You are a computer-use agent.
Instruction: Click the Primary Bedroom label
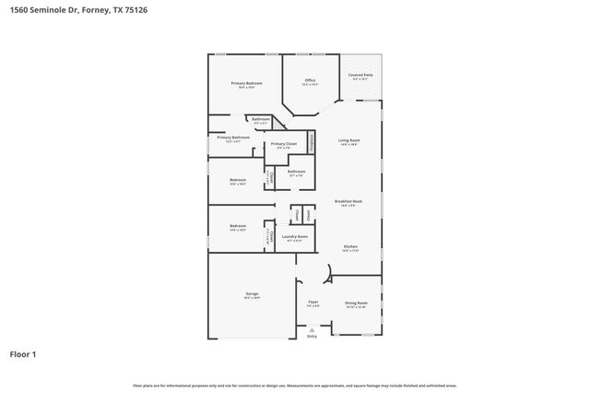tap(246, 84)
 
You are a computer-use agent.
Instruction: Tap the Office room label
tap(309, 81)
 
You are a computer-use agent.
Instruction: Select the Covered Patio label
tap(360, 76)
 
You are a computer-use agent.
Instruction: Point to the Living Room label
tap(348, 140)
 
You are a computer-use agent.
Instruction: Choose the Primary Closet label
tap(283, 145)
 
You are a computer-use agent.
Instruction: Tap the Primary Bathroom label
tap(233, 138)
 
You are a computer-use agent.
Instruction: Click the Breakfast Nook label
tap(348, 201)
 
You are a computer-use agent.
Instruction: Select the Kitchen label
tap(350, 247)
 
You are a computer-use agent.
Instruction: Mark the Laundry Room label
tap(296, 238)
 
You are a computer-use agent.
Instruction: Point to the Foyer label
tap(313, 302)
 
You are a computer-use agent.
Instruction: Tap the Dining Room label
tap(356, 304)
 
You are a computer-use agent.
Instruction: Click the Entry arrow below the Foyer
tap(312, 328)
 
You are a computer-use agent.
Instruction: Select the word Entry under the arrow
tap(312, 337)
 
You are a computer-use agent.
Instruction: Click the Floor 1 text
tap(23, 353)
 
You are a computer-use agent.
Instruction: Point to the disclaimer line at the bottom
tap(295, 385)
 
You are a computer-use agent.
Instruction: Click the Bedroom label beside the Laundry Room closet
tap(238, 226)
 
